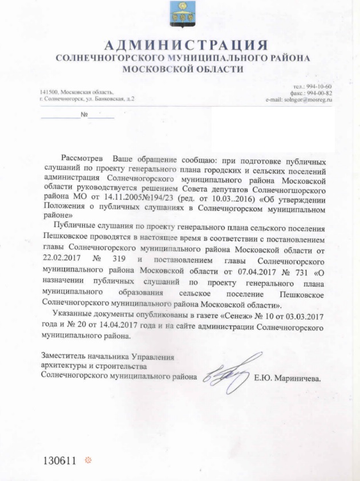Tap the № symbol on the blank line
point(84,114)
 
